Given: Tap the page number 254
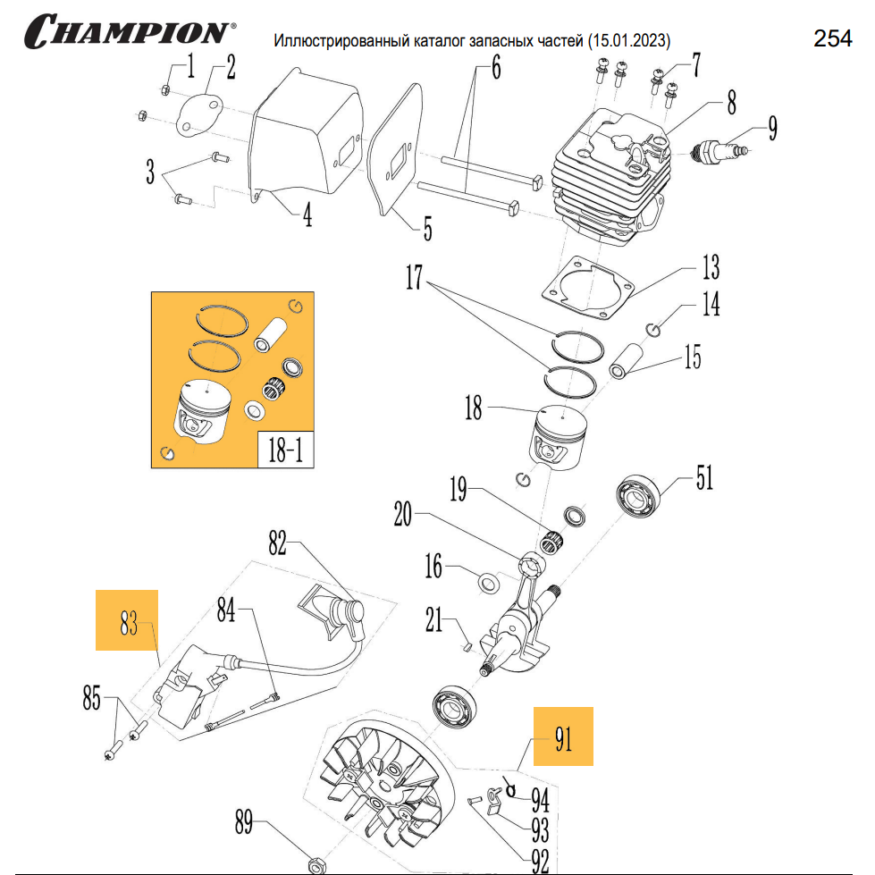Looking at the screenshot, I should point(832,38).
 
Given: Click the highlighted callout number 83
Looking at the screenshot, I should point(128,620).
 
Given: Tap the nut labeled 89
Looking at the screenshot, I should point(315,864).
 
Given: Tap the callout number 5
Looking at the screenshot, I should point(427,229).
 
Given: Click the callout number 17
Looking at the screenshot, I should point(413,279).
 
